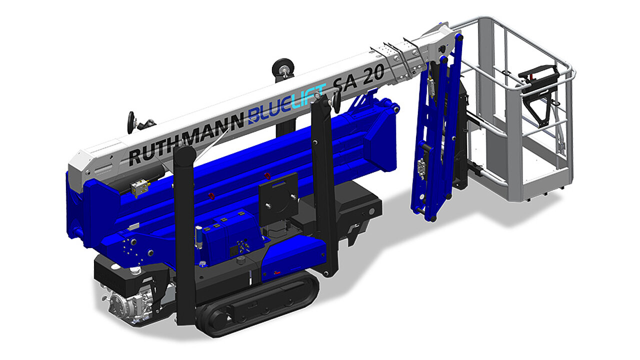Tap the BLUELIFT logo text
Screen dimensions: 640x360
click(x=287, y=103)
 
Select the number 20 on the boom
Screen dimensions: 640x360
click(x=373, y=75)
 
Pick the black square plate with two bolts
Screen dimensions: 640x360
click(x=278, y=199)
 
